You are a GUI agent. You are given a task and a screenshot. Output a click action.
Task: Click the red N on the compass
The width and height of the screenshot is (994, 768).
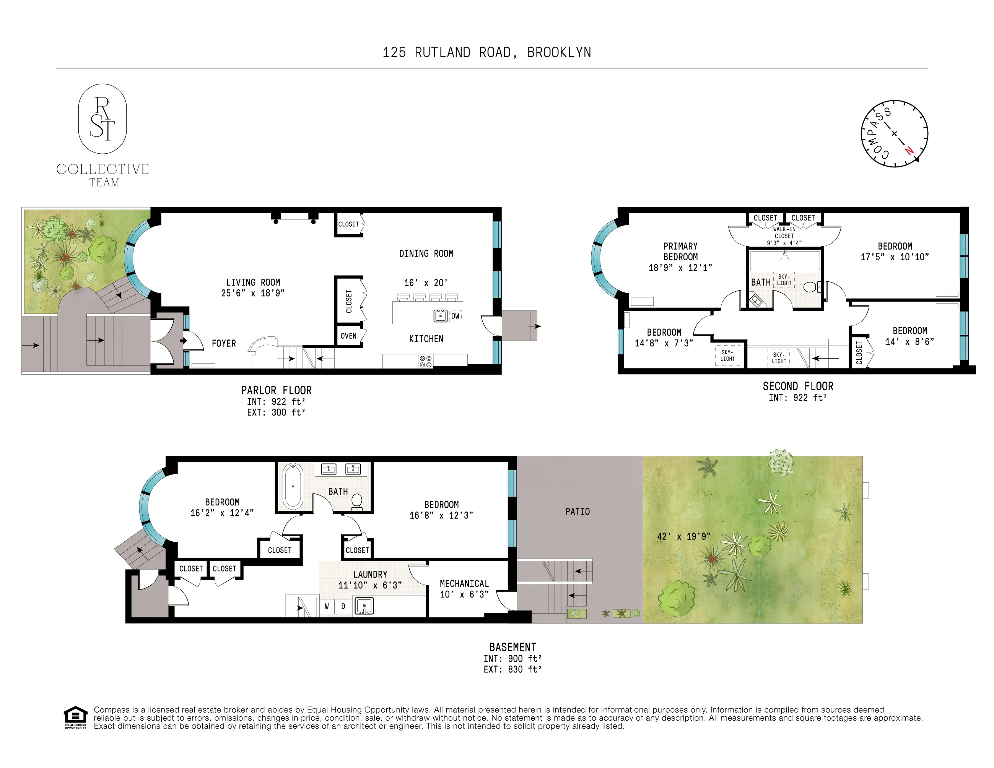click(909, 150)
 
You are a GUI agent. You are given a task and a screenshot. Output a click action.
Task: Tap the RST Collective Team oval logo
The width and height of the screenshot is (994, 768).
click(102, 119)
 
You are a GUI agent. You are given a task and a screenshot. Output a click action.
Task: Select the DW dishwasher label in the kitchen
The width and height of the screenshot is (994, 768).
click(455, 316)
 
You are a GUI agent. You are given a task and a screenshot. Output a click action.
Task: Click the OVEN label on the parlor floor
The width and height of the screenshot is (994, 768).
click(349, 336)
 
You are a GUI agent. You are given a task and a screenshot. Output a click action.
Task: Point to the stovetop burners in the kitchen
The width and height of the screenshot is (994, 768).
click(426, 362)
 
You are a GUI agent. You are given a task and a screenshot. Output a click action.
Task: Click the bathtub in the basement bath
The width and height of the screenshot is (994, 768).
click(293, 486)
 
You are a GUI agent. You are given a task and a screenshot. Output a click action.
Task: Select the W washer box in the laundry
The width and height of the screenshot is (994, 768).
click(327, 606)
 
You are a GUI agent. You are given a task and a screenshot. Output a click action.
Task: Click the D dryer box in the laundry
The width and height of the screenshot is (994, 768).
click(343, 606)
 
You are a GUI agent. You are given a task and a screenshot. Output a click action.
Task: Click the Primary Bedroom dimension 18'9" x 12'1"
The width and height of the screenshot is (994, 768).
click(680, 268)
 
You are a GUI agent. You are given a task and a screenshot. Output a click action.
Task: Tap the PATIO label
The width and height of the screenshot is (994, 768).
click(577, 511)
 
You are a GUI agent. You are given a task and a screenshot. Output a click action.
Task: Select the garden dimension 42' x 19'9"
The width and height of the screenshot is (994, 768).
click(683, 536)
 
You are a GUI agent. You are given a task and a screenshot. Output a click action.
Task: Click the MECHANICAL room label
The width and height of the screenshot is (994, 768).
click(464, 583)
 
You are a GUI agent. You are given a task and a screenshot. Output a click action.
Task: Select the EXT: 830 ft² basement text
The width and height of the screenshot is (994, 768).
click(512, 669)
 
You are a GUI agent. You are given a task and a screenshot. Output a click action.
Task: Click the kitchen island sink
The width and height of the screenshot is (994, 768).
click(440, 315)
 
